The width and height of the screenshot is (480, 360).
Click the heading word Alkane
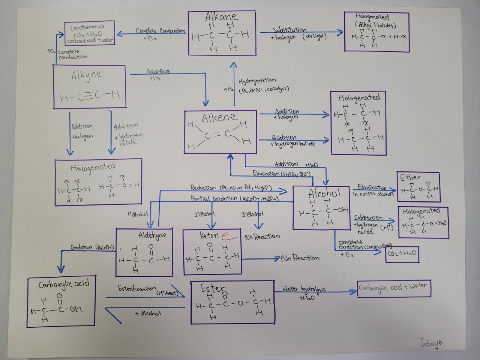click(222, 17)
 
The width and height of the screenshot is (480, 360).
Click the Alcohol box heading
click(324, 194)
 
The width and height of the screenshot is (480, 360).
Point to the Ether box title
click(410, 177)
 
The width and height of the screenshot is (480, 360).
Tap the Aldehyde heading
click(153, 235)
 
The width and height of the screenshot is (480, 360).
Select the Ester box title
click(213, 288)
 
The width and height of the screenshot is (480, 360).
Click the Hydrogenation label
click(257, 81)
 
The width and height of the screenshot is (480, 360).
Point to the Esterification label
click(137, 288)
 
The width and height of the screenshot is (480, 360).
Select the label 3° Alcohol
click(252, 214)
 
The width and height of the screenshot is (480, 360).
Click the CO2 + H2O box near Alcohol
click(402, 254)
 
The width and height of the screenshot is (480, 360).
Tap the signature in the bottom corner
click(431, 343)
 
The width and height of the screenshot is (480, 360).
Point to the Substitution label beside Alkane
click(289, 30)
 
